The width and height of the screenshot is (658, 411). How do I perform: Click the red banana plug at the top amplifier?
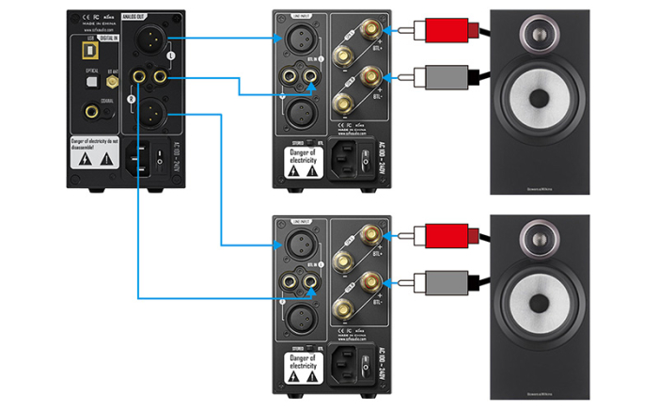[x=440, y=32]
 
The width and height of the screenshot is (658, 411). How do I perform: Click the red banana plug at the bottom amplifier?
[x=440, y=235]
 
